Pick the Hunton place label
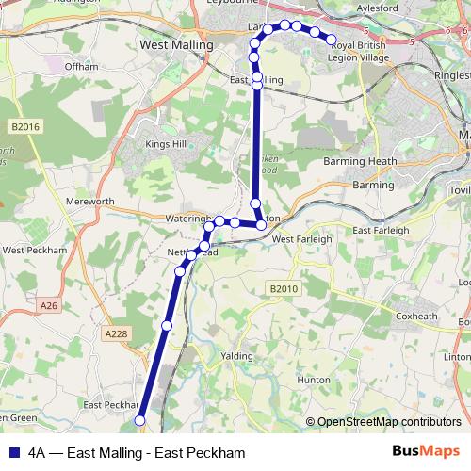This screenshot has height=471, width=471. pyautogui.click(x=314, y=379)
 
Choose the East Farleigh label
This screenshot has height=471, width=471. pyautogui.click(x=381, y=230)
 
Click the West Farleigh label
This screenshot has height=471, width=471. pyautogui.click(x=301, y=239)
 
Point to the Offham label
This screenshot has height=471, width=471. pyautogui.click(x=76, y=67)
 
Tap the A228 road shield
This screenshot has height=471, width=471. pyautogui.click(x=117, y=333)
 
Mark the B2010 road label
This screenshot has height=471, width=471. pyautogui.click(x=282, y=288)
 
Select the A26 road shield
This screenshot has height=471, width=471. pyautogui.click(x=50, y=305)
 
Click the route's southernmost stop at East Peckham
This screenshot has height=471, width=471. pyautogui.click(x=140, y=420)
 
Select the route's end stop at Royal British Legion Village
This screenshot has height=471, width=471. pyautogui.click(x=331, y=40)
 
